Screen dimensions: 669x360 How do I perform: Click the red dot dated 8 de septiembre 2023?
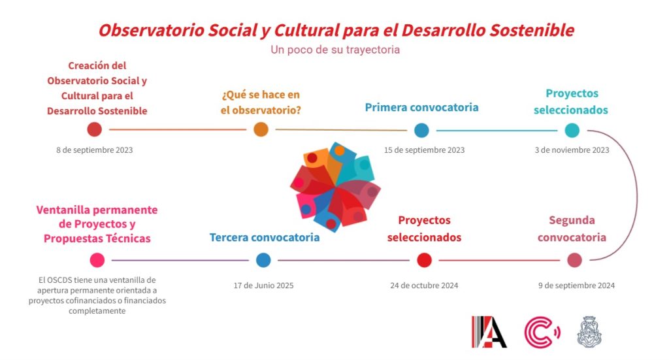coord(94,129)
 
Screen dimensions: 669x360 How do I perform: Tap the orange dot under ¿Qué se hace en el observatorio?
coord(261,129)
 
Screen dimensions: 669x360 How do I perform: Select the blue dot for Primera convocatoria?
coord(421,130)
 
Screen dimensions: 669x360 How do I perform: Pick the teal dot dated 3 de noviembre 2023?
coord(572,130)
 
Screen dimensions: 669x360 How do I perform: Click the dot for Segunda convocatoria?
coord(575,260)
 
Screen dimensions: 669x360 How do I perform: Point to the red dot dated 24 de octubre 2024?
coord(424,260)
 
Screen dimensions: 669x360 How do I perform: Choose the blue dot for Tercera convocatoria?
coord(263,260)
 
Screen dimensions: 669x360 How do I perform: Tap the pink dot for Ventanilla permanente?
coord(97,260)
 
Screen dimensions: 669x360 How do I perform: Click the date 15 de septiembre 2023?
coord(424,150)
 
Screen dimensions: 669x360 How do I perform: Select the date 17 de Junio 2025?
coord(263,286)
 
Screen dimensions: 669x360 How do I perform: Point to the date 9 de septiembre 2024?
coord(576,286)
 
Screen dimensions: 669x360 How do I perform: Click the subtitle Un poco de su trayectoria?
coord(335,50)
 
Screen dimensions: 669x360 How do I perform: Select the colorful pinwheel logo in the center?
coord(335,187)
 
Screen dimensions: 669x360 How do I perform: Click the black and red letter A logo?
coord(489,332)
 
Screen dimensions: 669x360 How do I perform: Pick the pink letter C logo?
coord(542,332)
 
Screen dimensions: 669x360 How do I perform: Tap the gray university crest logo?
coord(589,332)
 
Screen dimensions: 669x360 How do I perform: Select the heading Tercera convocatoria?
coord(265,237)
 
